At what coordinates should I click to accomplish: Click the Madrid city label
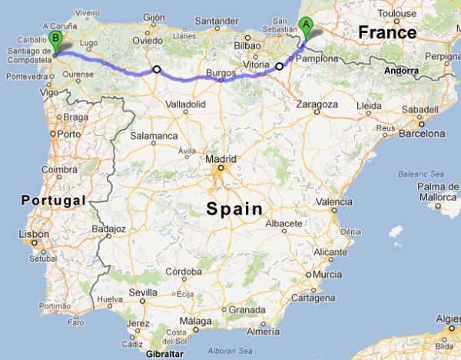(218, 159)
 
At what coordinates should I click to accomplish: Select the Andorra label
(403, 71)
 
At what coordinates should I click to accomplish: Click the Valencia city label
(333, 201)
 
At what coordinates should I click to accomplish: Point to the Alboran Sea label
(230, 350)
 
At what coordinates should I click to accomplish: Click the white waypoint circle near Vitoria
(279, 67)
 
